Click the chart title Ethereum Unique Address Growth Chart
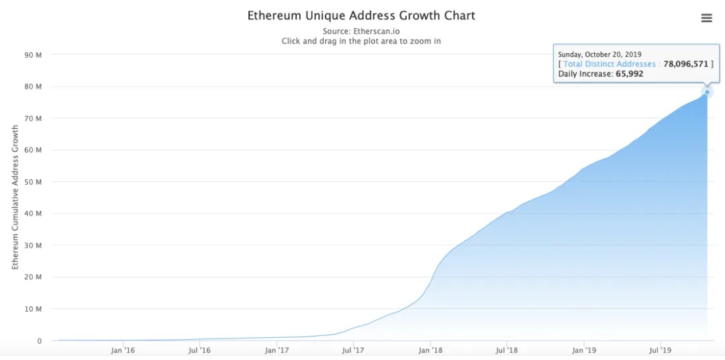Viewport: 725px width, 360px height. pyautogui.click(x=361, y=15)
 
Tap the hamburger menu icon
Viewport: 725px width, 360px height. pyautogui.click(x=706, y=18)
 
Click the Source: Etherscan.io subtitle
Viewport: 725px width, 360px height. pyautogui.click(x=361, y=31)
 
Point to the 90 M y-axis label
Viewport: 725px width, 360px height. pyautogui.click(x=34, y=55)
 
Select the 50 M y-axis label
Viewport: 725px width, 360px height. pyautogui.click(x=34, y=182)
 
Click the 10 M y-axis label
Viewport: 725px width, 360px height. pyautogui.click(x=34, y=309)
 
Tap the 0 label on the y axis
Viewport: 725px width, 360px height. pyautogui.click(x=39, y=341)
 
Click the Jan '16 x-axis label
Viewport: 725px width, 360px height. pyautogui.click(x=123, y=350)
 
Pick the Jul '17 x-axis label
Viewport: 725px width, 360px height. pyautogui.click(x=353, y=350)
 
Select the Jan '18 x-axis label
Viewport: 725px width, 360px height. pyautogui.click(x=430, y=350)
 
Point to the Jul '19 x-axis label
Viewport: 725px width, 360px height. pyautogui.click(x=661, y=350)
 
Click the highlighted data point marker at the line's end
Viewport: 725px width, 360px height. pyautogui.click(x=707, y=92)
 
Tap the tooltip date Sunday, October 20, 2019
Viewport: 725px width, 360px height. pyautogui.click(x=600, y=54)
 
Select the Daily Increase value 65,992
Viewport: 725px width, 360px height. pyautogui.click(x=629, y=74)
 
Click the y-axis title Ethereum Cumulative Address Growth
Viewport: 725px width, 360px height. pyautogui.click(x=15, y=197)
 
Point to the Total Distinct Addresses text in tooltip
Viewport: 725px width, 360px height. pyautogui.click(x=609, y=64)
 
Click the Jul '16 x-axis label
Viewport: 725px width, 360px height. pyautogui.click(x=199, y=350)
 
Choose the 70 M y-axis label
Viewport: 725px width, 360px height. pyautogui.click(x=34, y=119)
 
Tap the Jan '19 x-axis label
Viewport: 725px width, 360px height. pyautogui.click(x=584, y=350)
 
